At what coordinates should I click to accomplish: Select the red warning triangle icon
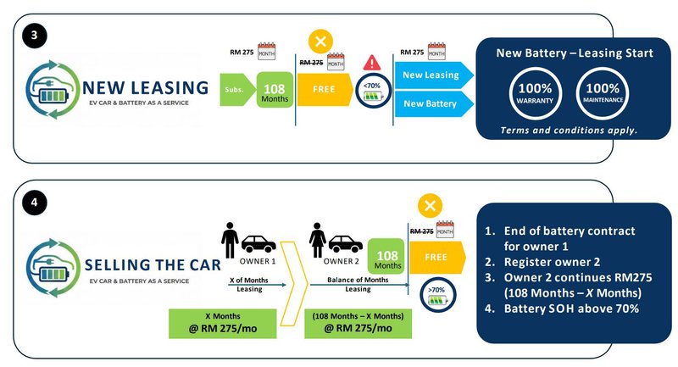click(x=372, y=63)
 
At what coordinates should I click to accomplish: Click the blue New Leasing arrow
click(x=431, y=75)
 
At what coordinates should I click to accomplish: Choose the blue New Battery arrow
click(x=431, y=103)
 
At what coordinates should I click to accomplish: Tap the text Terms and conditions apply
click(x=569, y=131)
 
